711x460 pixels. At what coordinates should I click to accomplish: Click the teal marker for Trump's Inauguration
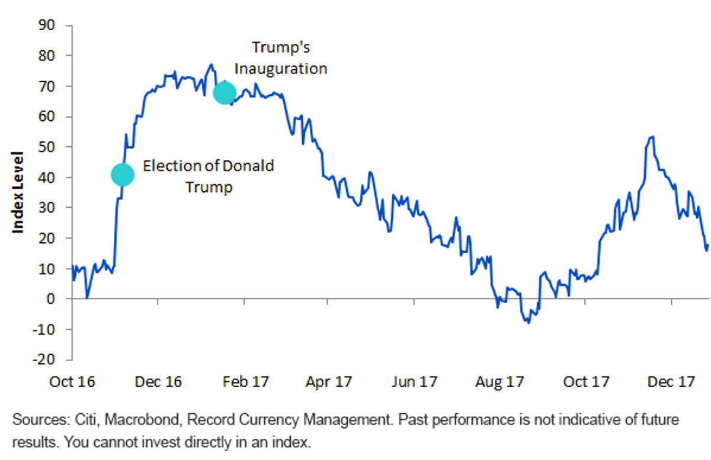[x=225, y=93]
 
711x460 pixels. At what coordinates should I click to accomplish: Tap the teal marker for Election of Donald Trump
[x=123, y=175]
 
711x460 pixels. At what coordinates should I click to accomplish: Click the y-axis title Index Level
[x=18, y=192]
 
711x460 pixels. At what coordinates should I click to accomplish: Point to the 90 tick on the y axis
[x=47, y=25]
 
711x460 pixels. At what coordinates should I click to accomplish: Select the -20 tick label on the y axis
[x=44, y=359]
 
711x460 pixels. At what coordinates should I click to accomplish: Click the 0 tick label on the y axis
[x=50, y=299]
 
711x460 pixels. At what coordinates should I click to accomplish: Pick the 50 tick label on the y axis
[x=47, y=147]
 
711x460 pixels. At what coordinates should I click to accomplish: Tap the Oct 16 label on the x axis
[x=72, y=382]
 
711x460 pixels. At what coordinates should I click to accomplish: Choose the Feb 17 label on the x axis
[x=246, y=382]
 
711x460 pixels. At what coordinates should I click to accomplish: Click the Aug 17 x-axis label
[x=499, y=382]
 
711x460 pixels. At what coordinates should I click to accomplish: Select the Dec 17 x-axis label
[x=671, y=382]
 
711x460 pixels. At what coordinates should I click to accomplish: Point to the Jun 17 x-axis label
[x=414, y=382]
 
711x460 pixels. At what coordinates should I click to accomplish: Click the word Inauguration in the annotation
[x=281, y=69]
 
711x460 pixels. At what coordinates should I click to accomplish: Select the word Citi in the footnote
[x=86, y=419]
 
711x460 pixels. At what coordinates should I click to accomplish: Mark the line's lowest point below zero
[x=529, y=323]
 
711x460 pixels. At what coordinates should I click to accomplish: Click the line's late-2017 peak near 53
[x=652, y=137]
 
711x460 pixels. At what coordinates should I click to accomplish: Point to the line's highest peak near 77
[x=212, y=65]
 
